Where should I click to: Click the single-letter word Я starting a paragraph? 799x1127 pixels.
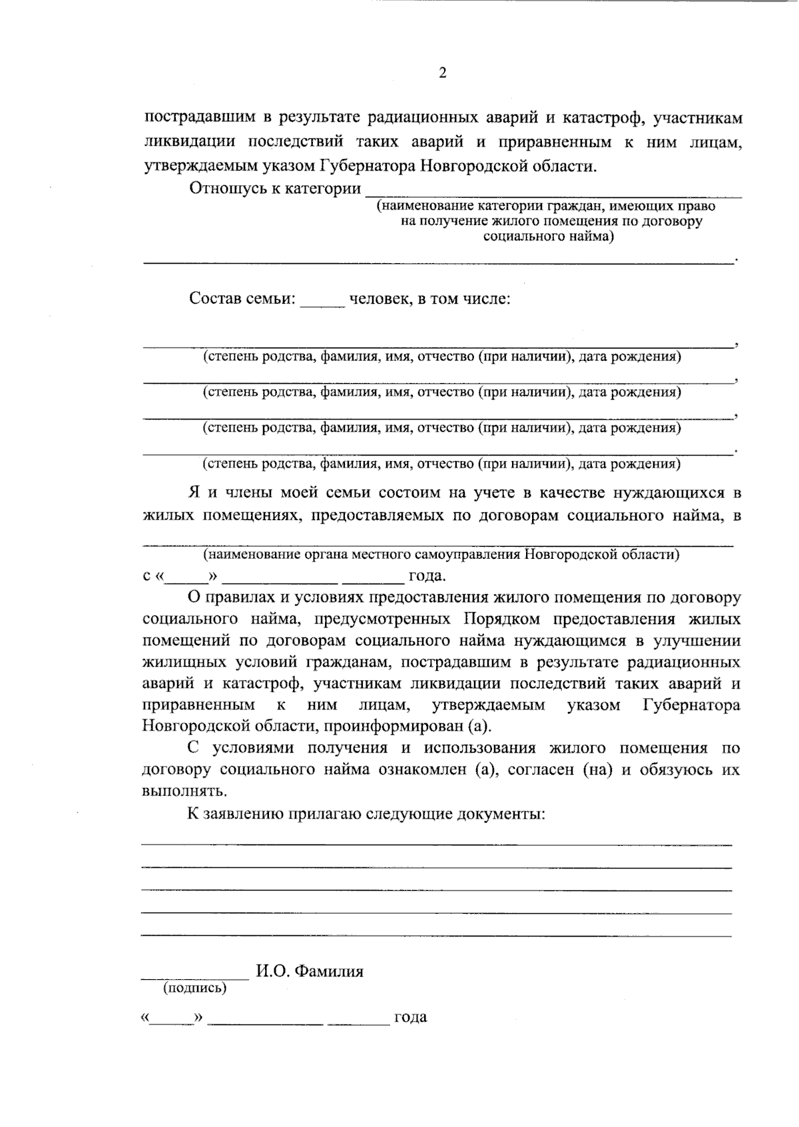[194, 493]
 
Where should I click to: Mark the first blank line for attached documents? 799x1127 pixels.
[436, 844]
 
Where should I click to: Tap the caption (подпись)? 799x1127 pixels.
[194, 988]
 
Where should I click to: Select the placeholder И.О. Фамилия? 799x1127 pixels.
[310, 972]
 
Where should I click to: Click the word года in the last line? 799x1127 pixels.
[410, 1018]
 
